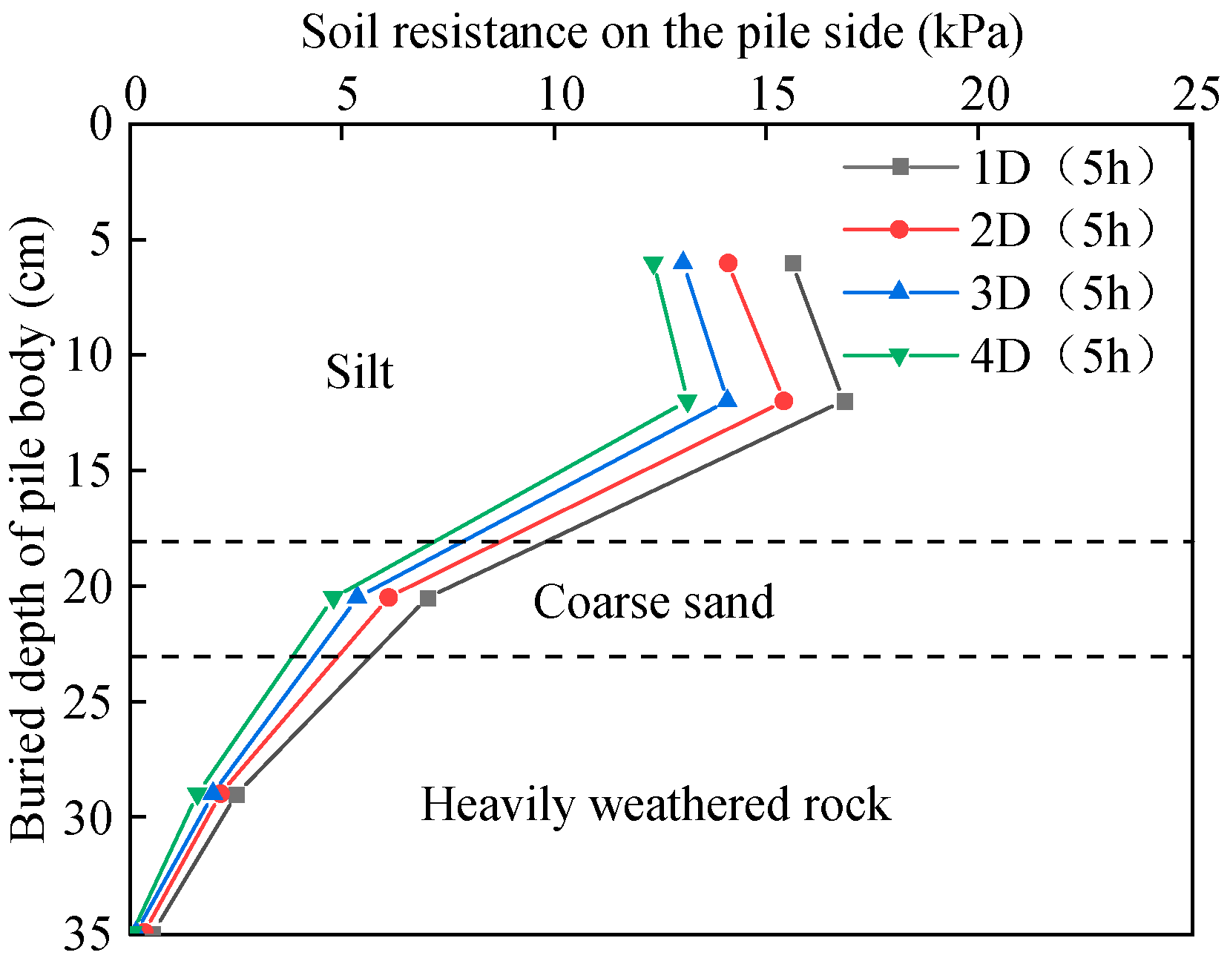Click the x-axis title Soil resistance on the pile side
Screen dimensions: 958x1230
tap(662, 33)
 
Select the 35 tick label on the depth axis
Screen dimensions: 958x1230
tap(89, 933)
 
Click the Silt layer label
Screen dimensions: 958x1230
tap(360, 371)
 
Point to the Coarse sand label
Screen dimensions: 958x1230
tap(654, 601)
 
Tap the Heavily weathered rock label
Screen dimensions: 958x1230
tap(656, 805)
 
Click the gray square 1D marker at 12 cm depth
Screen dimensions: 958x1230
tap(844, 402)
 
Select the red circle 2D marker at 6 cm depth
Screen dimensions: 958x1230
tap(728, 263)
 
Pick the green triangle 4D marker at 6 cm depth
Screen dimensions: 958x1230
tap(653, 265)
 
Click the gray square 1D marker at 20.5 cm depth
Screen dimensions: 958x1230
tap(427, 598)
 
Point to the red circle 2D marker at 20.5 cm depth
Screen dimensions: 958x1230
tap(388, 598)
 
